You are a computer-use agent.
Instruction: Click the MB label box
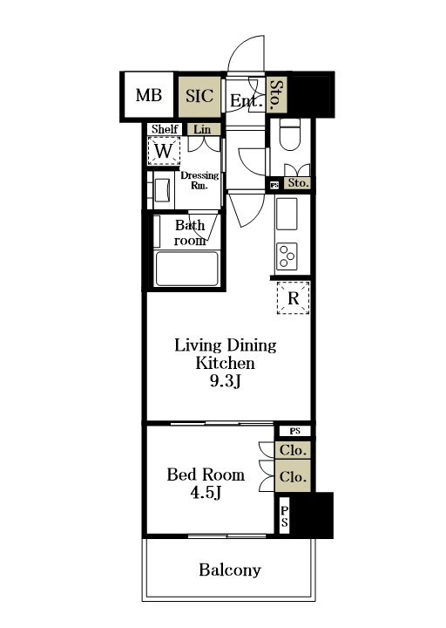click(149, 95)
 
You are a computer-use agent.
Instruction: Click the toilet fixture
click(289, 134)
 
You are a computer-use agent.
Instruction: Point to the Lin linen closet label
click(202, 129)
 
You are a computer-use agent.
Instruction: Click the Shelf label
click(165, 129)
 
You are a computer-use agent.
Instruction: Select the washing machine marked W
click(164, 151)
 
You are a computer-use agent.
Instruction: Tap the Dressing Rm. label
click(199, 181)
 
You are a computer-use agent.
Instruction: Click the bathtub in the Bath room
click(187, 269)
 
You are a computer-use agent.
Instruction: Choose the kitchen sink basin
click(287, 214)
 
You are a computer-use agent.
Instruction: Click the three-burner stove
click(287, 256)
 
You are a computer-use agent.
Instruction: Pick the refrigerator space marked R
click(294, 297)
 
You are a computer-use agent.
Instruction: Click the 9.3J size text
click(226, 382)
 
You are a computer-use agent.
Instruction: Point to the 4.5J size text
click(206, 493)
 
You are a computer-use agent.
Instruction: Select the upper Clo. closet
click(293, 450)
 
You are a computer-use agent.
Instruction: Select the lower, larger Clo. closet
click(293, 476)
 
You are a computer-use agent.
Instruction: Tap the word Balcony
click(230, 570)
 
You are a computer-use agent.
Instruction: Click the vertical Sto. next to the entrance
click(276, 95)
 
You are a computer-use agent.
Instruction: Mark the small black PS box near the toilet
click(274, 185)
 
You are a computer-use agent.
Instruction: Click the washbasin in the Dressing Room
click(163, 190)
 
